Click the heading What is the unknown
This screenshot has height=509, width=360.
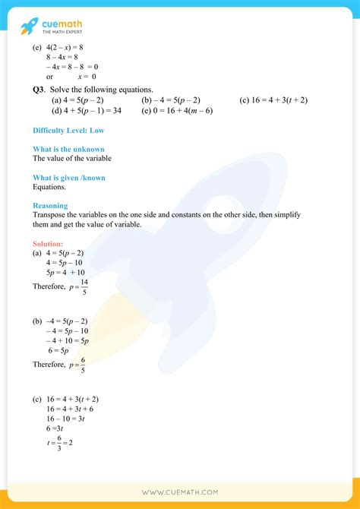(68, 149)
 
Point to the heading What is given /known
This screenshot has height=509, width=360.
(68, 178)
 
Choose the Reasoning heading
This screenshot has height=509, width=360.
(50, 205)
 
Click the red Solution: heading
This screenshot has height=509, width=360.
(48, 244)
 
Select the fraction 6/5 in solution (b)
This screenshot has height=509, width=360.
(84, 365)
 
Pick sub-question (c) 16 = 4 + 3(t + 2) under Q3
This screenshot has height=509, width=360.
(273, 100)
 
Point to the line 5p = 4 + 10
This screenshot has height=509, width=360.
(65, 272)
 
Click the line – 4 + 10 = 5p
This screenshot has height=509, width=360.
(66, 340)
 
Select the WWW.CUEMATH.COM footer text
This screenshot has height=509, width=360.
(180, 493)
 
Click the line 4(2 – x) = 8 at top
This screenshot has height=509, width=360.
(62, 46)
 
